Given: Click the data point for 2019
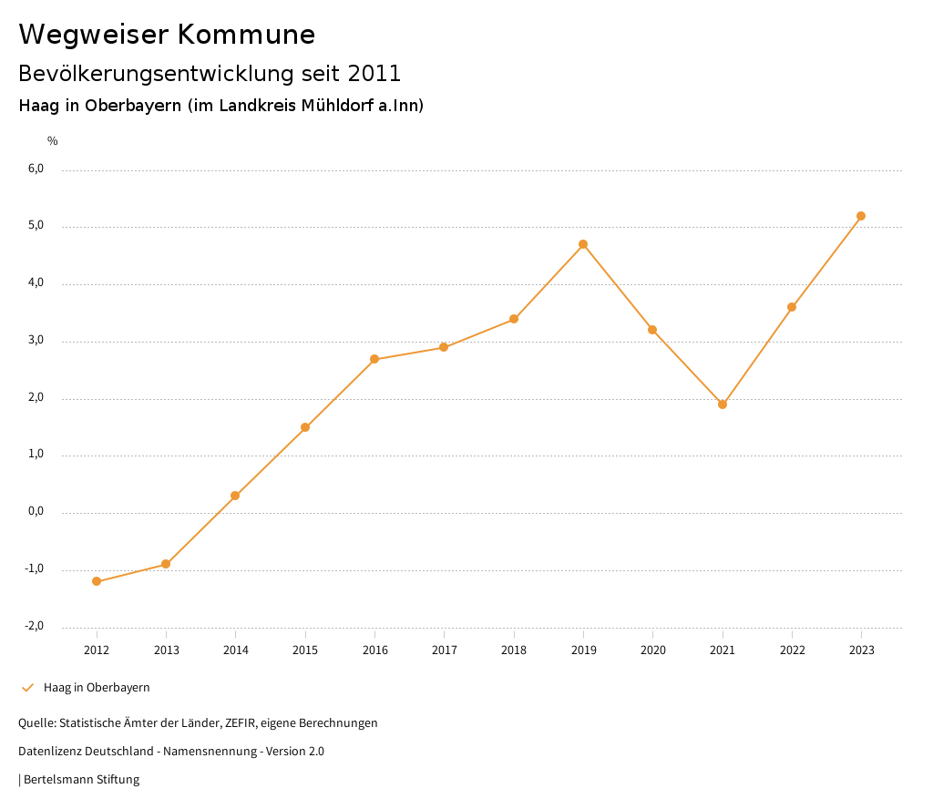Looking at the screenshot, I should coord(583,244).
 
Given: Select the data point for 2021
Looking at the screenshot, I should coord(723,404).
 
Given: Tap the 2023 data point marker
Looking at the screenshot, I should coord(861,216).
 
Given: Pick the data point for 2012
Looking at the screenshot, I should coord(97,581).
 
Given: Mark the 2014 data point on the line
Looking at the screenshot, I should coord(235,496).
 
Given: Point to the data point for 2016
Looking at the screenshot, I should coord(374,359).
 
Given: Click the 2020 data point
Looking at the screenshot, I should coord(652,330).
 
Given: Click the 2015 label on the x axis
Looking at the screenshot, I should coord(305,650).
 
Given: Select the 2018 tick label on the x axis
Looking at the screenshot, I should coord(514,650).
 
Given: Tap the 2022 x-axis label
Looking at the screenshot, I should coord(792,650).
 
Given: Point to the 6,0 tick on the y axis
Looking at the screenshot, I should coord(36,169).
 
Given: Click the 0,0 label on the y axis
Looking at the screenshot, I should coord(36,511).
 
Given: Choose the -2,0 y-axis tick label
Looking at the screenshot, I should coord(34,626).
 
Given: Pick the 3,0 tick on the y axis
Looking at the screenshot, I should coord(36,340).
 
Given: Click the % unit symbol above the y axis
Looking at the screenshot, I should coord(53,141).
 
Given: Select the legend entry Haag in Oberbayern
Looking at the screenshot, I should coord(97,688).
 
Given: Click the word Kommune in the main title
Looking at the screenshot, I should coord(246,35).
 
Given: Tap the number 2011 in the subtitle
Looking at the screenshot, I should coord(374,73).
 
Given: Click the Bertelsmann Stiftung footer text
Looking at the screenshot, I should coord(81,780).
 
